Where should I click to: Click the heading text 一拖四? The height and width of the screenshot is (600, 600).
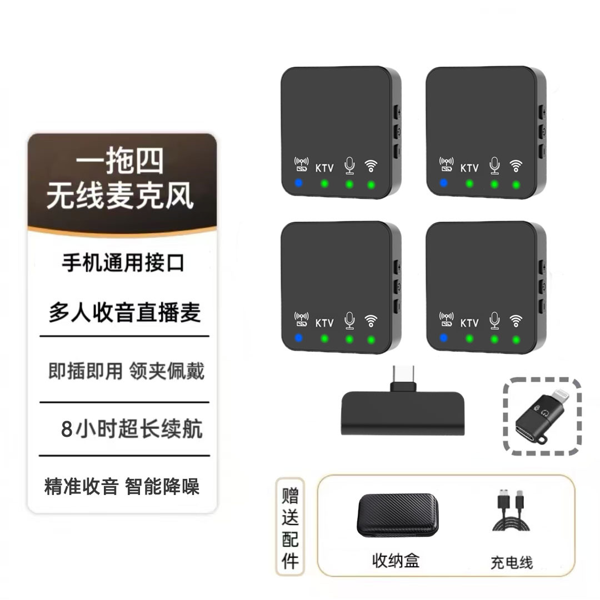(120, 162)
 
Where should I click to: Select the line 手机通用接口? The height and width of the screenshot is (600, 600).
(123, 263)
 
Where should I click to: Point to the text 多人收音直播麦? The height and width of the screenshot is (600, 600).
(124, 313)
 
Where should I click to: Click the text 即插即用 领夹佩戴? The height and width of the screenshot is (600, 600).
(126, 371)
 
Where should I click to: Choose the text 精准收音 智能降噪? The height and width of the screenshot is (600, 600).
(122, 487)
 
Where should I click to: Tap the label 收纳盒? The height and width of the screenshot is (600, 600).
(396, 561)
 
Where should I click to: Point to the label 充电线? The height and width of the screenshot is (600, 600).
(511, 562)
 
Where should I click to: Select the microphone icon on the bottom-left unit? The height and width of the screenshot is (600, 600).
(349, 321)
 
